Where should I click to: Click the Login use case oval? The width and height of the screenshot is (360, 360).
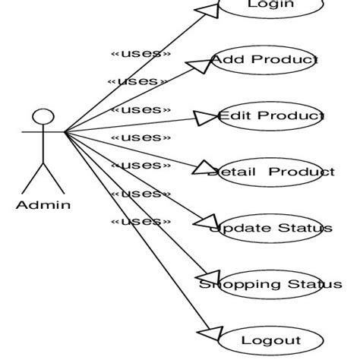point(270,6)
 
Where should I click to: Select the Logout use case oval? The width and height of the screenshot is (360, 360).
point(270,340)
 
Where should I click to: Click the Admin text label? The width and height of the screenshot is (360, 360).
point(43,204)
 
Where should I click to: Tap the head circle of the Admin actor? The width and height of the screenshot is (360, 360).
point(43,118)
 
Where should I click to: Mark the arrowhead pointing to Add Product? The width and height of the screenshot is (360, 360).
point(199,65)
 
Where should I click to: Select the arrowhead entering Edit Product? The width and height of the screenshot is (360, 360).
point(205,118)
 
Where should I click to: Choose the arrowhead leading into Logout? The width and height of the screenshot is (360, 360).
point(208,334)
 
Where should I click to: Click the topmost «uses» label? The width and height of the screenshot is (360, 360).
point(141,53)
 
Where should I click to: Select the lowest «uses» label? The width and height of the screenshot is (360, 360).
point(141,221)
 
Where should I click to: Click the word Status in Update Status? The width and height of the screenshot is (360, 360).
point(304,228)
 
